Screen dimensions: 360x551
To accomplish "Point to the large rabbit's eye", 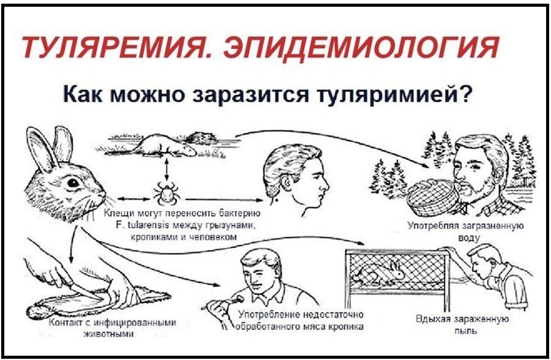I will [x=73, y=182].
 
